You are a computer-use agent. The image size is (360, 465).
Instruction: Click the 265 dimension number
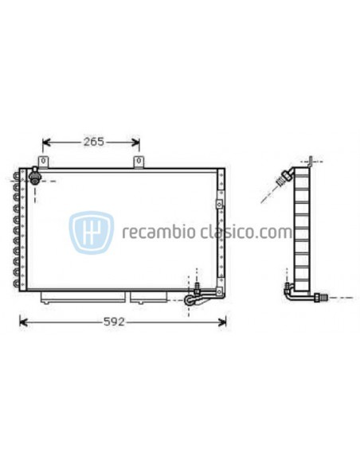[x=92, y=143]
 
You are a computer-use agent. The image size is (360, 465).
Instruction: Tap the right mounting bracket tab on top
[x=139, y=162]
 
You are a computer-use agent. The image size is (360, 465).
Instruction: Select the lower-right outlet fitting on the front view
[x=191, y=299]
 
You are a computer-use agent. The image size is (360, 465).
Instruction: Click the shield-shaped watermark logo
[x=90, y=232]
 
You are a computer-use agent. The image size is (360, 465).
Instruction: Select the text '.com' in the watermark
[x=275, y=232]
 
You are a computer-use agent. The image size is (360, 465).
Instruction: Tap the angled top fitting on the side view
[x=282, y=178]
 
